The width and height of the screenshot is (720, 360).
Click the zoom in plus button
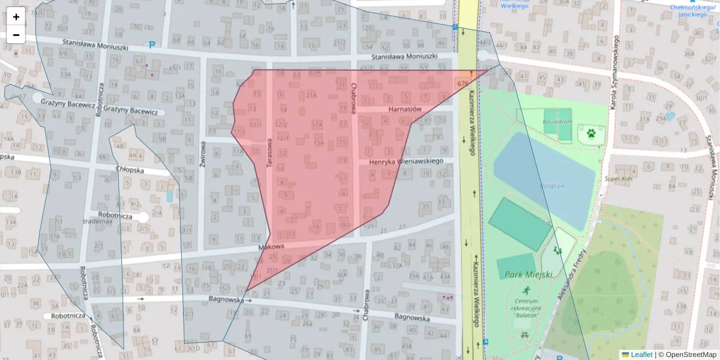tap(16, 17)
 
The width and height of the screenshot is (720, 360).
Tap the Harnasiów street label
tap(406, 109)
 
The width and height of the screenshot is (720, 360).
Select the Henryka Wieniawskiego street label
tap(406, 161)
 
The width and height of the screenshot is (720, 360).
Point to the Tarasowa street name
tap(269, 152)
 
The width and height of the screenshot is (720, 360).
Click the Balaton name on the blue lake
tap(551, 186)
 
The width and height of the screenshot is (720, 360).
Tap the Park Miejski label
tap(521, 274)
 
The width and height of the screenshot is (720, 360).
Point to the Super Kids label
tap(619, 178)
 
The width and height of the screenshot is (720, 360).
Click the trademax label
tap(98, 221)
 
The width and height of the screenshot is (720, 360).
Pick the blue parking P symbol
tap(152, 44)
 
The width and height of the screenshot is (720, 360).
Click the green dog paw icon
tap(592, 133)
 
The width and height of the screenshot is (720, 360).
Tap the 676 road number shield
tap(463, 83)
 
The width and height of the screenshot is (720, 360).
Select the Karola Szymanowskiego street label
tap(614, 66)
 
